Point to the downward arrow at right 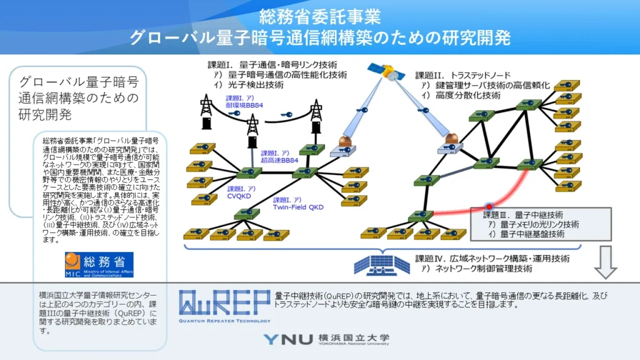(605, 262)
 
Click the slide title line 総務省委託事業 (319, 16)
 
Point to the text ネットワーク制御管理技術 (481, 269)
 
